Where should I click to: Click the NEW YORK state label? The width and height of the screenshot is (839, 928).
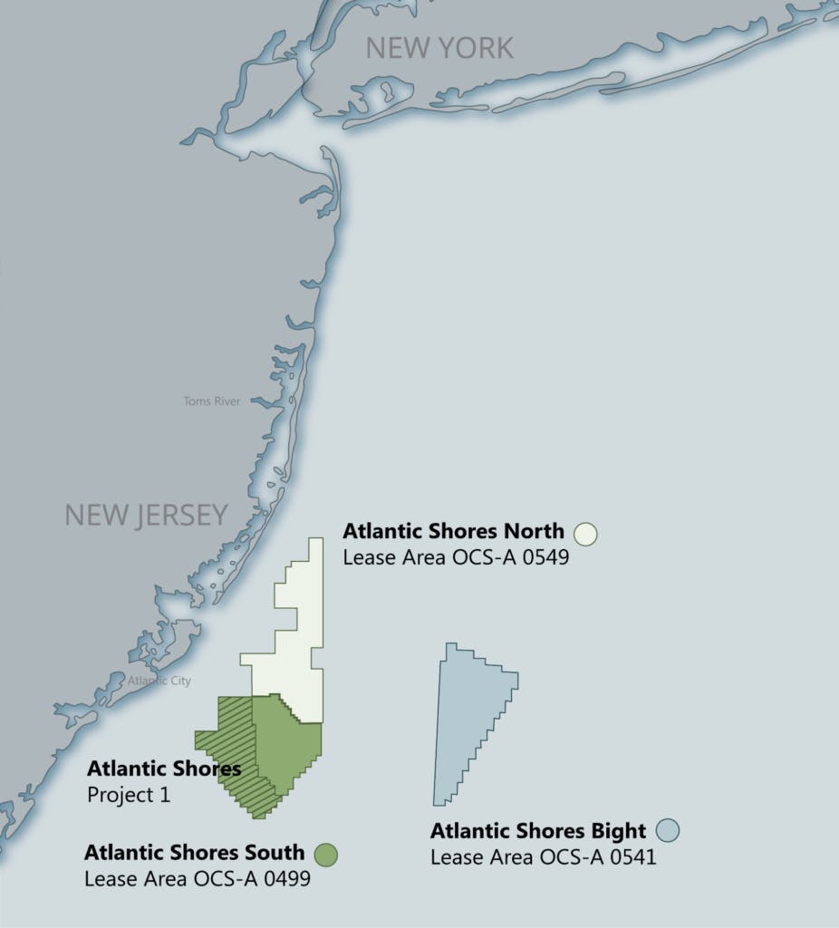[439, 48]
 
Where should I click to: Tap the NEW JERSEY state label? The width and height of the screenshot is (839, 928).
[146, 515]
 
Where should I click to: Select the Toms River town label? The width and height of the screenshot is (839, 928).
[212, 401]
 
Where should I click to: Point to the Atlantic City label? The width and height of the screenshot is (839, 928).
[159, 681]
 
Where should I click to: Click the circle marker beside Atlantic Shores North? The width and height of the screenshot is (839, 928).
[585, 533]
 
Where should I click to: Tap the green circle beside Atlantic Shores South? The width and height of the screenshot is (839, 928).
[326, 854]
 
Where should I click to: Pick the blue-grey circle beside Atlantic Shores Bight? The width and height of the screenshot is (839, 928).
[668, 829]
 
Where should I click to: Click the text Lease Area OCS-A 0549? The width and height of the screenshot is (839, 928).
[456, 557]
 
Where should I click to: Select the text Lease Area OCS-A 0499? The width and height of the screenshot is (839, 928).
[198, 878]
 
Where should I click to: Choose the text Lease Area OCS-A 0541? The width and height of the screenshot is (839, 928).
[543, 856]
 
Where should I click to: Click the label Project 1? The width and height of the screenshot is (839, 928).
[129, 795]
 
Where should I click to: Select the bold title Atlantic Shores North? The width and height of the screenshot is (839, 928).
[453, 531]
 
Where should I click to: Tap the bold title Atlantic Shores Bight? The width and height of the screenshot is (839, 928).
[538, 831]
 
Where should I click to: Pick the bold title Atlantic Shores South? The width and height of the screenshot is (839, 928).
[194, 853]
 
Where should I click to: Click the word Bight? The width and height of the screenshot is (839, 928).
[621, 831]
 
